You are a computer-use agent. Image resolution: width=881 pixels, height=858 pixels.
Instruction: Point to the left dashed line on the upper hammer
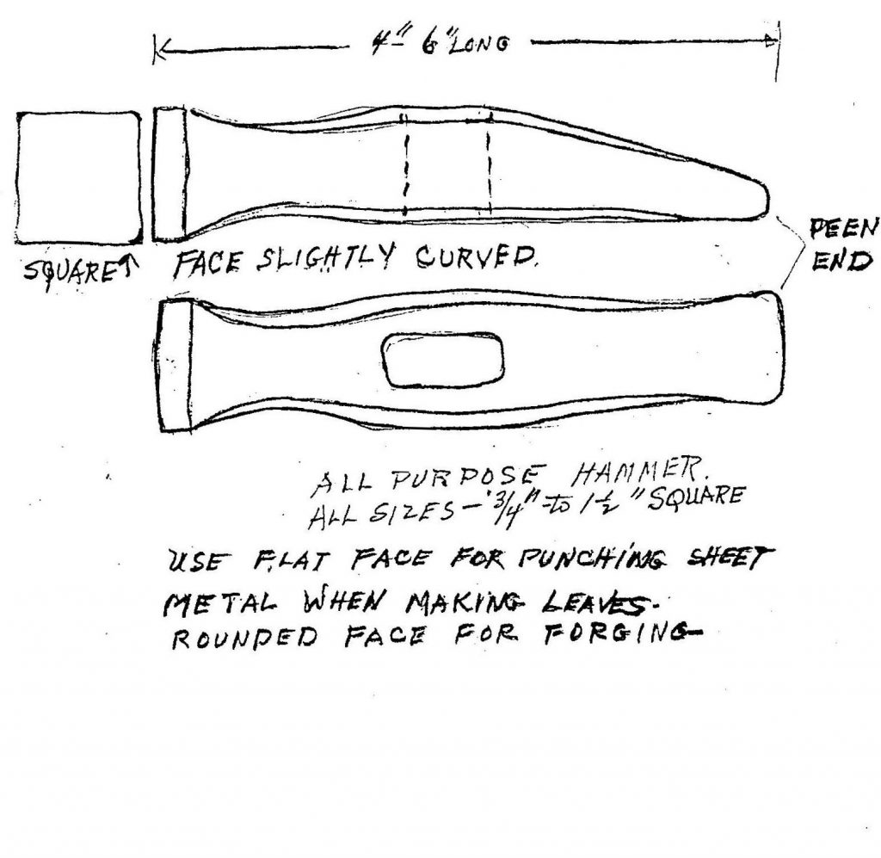click(404, 164)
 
